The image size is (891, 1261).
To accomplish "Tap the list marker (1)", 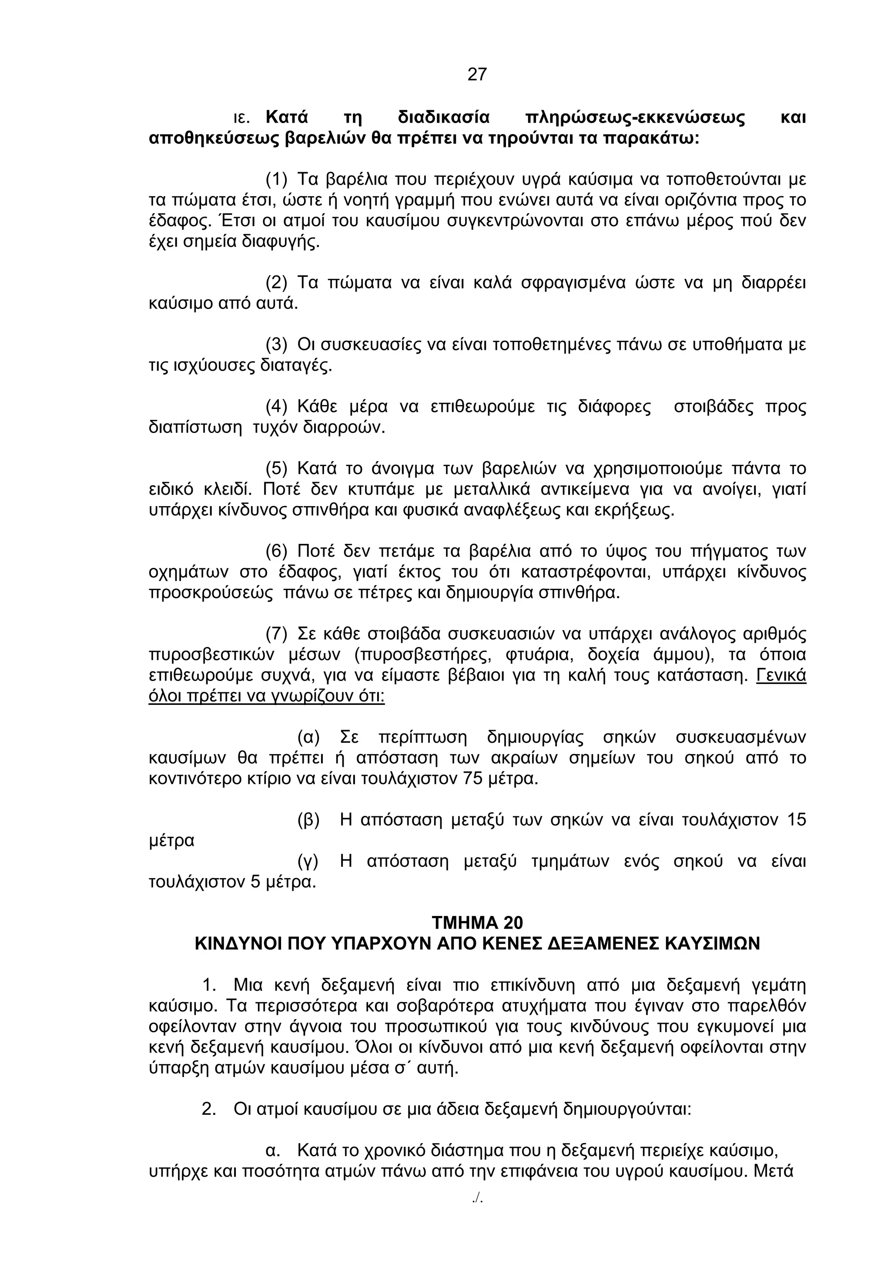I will pyautogui.click(x=277, y=179).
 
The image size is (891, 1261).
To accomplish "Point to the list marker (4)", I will pyautogui.click(x=277, y=407).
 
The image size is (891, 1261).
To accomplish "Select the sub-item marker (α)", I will pyautogui.click(x=308, y=737).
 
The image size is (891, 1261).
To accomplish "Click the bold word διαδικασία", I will pyautogui.click(x=443, y=117).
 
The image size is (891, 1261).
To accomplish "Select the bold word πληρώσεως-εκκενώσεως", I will pyautogui.click(x=635, y=117).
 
